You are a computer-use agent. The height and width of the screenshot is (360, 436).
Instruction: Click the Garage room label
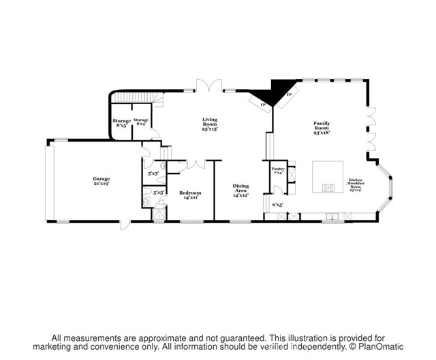click(x=102, y=180)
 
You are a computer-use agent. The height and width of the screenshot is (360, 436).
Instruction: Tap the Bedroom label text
click(x=191, y=195)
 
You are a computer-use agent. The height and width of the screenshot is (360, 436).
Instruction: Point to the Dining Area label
click(x=240, y=191)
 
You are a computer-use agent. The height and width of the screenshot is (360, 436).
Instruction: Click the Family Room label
click(x=322, y=127)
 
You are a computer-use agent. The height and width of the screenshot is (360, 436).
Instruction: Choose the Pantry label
click(x=278, y=171)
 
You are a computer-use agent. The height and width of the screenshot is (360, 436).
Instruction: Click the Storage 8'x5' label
click(x=122, y=122)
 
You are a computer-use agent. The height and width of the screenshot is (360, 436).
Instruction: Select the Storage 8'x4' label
click(x=142, y=122)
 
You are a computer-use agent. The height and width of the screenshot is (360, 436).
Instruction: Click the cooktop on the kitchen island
click(x=328, y=187)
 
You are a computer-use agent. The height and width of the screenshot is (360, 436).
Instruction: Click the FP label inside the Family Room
click(x=289, y=95)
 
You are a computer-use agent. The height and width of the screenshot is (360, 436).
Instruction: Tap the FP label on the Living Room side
click(x=262, y=105)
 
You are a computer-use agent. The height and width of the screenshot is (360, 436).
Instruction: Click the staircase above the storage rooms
click(x=157, y=99)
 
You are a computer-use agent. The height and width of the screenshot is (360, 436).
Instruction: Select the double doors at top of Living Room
click(x=210, y=86)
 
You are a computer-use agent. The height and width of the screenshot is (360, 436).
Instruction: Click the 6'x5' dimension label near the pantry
click(x=277, y=204)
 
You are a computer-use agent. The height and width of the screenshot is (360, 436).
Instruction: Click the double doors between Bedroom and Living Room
click(x=198, y=164)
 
